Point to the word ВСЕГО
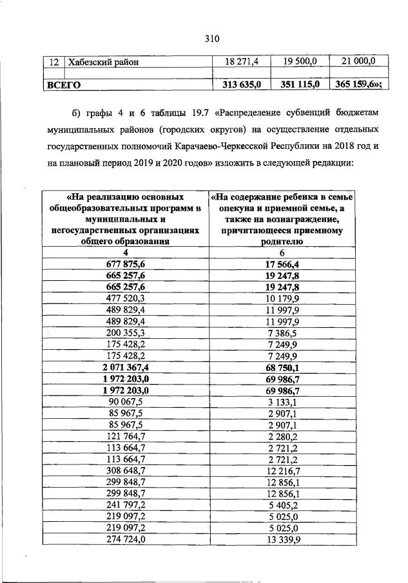tap(63, 84)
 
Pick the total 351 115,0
tap(297, 84)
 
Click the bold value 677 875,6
tap(126, 263)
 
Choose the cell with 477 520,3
tap(126, 298)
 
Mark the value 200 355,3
tap(126, 332)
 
